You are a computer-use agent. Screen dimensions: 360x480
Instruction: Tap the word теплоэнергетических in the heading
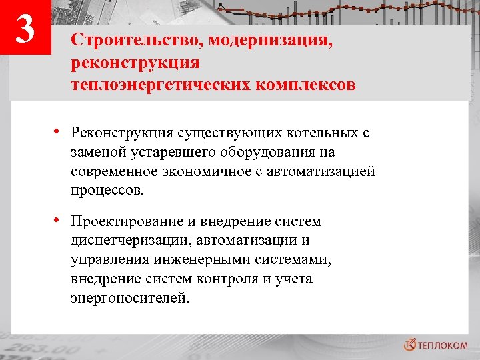pyautogui.click(x=163, y=85)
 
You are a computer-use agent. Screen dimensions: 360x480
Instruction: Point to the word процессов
pyautogui.click(x=107, y=191)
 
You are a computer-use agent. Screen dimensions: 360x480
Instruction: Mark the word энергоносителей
pyautogui.click(x=130, y=298)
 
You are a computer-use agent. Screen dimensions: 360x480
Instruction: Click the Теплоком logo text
pyautogui.click(x=442, y=345)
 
